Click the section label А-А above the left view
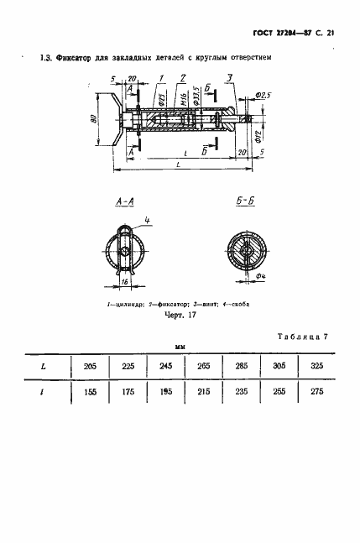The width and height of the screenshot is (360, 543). [x=125, y=203]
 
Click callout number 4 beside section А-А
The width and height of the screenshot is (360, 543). [x=146, y=221]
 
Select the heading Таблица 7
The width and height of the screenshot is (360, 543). [x=301, y=336]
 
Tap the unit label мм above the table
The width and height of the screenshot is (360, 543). [x=180, y=345]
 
